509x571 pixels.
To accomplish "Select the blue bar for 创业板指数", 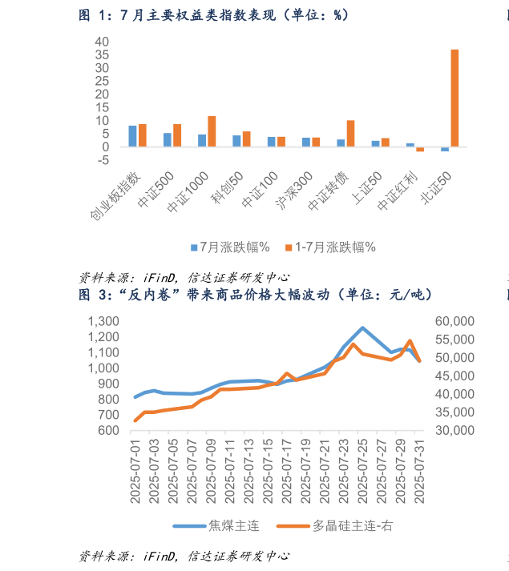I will click(133, 136).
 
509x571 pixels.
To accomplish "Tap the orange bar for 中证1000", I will click(212, 131).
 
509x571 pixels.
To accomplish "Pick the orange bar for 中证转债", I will click(350, 133).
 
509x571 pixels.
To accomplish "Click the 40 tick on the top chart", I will click(102, 41).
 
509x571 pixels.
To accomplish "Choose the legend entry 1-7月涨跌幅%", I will click(329, 247).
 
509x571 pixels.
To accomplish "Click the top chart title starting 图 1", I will click(213, 14).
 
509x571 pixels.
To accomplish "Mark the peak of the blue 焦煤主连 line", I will click(362, 328).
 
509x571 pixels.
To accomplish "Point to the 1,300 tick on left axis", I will click(102, 321).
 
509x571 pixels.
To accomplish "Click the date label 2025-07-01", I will click(135, 472).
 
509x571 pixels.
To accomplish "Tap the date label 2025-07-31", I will click(418, 472).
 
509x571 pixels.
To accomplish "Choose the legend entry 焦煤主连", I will click(216, 526).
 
